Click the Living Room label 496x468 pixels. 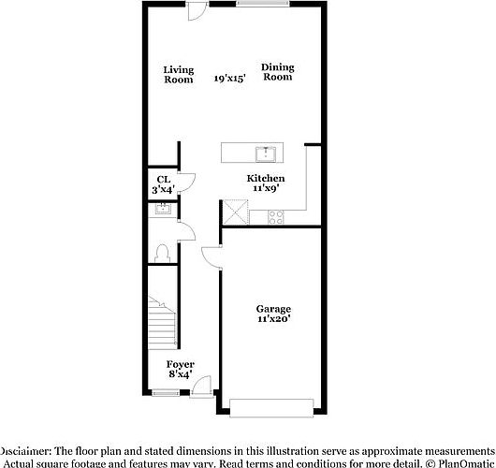pos(178,74)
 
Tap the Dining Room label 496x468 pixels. pos(277,71)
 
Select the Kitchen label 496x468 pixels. pos(266,178)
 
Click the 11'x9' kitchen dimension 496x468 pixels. pos(266,188)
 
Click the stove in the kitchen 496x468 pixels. pos(276,216)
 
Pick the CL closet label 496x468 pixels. pos(163,179)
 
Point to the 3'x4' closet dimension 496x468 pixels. pos(163,189)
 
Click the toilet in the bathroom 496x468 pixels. pos(161,252)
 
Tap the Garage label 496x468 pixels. pos(274,309)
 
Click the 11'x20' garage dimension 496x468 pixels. pos(274,319)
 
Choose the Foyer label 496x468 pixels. pos(180,363)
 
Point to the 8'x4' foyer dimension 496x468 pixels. pos(180,373)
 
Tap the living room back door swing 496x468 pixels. pos(197,11)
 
